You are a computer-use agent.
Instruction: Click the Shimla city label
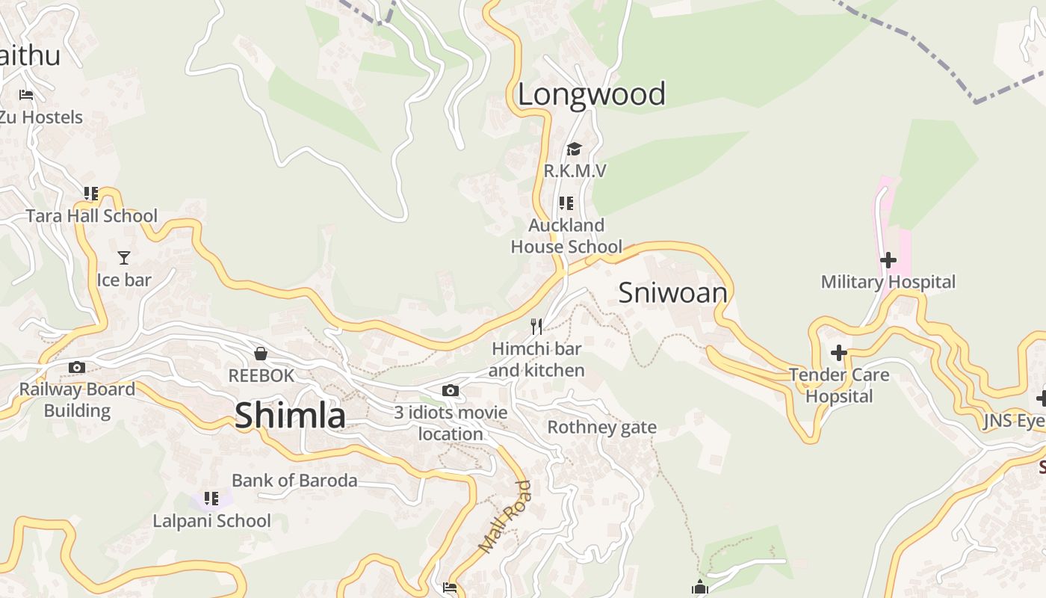(x=290, y=416)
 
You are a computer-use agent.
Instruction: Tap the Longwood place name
(x=591, y=94)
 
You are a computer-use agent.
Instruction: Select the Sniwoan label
(x=672, y=292)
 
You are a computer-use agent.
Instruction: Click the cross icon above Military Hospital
(x=888, y=260)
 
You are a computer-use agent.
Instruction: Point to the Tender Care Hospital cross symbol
(x=839, y=353)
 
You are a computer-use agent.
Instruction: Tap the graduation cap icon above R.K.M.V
(x=574, y=149)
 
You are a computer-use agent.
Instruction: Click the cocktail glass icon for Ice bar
(x=124, y=258)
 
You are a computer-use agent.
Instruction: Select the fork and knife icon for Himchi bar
(x=536, y=326)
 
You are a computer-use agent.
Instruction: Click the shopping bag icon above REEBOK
(x=261, y=354)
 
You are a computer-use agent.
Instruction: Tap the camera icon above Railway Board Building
(x=77, y=367)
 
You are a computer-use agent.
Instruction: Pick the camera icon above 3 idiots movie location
(x=450, y=390)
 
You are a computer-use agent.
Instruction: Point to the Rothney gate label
(x=601, y=428)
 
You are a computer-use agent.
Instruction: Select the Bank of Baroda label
(x=294, y=480)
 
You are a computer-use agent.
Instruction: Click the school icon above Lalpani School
(x=211, y=498)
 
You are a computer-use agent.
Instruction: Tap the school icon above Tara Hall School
(x=91, y=194)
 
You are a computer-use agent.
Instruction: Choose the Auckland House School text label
(x=566, y=235)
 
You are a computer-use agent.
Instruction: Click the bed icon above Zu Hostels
(x=26, y=95)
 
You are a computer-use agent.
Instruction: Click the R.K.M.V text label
(x=575, y=171)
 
